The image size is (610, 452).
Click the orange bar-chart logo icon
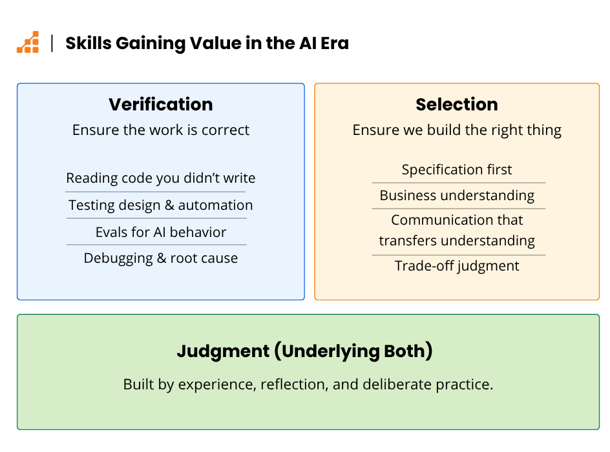coord(28,42)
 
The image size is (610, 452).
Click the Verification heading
coord(161,104)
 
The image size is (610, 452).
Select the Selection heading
coord(457,104)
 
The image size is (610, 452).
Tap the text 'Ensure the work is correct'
coord(161,130)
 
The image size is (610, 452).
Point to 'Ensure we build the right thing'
coord(457,130)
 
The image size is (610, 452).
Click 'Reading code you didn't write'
coord(161,178)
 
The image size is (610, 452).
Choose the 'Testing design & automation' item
coord(161,205)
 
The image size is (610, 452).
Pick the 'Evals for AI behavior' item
coord(161,232)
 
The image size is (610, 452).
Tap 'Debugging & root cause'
coord(161,258)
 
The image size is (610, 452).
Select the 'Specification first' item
coord(457,169)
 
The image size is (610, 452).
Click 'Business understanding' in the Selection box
coord(457,195)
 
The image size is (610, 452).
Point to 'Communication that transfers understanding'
coord(457,230)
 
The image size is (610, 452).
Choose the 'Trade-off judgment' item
coord(457,266)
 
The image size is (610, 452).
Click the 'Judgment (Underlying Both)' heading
coord(304,351)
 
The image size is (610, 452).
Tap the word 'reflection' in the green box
coord(292,384)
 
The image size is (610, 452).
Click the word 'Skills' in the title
coord(89,43)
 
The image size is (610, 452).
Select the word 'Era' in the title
coord(335,43)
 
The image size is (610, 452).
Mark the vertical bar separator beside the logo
coord(52,43)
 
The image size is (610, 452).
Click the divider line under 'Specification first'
coord(459,183)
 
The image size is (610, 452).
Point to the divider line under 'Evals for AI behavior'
coord(157,245)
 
